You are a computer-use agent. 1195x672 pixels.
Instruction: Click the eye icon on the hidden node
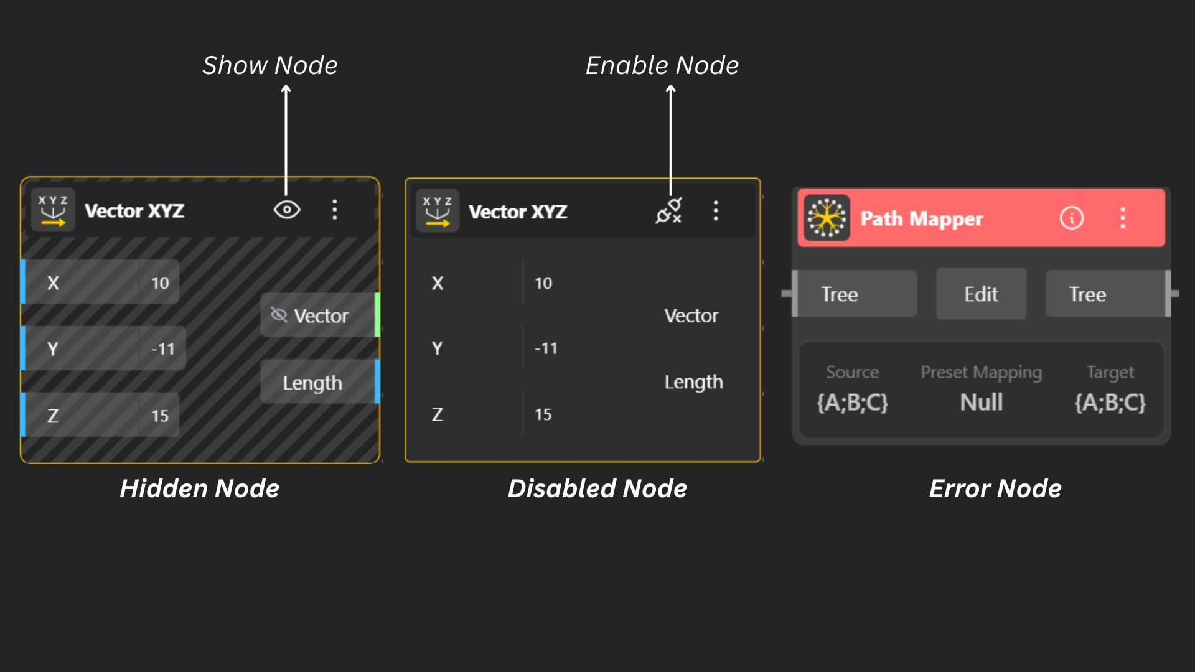(287, 210)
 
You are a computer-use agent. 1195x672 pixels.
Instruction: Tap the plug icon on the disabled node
(669, 211)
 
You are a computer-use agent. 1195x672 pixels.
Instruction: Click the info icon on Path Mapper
(1071, 218)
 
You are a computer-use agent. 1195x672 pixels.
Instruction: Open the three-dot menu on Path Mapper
(1123, 218)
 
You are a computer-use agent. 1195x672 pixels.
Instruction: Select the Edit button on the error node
(981, 294)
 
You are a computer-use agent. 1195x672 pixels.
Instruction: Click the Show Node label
(269, 65)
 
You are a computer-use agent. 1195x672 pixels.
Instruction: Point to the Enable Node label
(662, 65)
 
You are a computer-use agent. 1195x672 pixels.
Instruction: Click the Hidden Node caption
(199, 488)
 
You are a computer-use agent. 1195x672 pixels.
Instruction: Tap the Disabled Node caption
(597, 488)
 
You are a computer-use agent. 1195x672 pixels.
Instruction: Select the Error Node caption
(995, 488)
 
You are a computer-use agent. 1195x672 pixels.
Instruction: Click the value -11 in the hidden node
(162, 349)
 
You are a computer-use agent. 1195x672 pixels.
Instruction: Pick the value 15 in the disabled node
(543, 414)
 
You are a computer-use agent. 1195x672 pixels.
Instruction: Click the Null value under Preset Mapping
(981, 403)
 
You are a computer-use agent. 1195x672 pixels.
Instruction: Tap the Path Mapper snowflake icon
(826, 218)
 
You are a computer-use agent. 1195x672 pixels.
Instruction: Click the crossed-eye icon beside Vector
(279, 315)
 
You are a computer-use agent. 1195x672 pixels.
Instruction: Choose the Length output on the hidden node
(312, 383)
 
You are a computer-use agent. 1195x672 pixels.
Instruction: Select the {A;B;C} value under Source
(852, 403)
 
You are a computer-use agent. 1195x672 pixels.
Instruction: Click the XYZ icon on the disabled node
(437, 211)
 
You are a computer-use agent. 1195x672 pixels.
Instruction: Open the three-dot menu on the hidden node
(335, 210)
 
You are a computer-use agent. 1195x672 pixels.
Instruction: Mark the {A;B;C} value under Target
(1110, 403)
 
